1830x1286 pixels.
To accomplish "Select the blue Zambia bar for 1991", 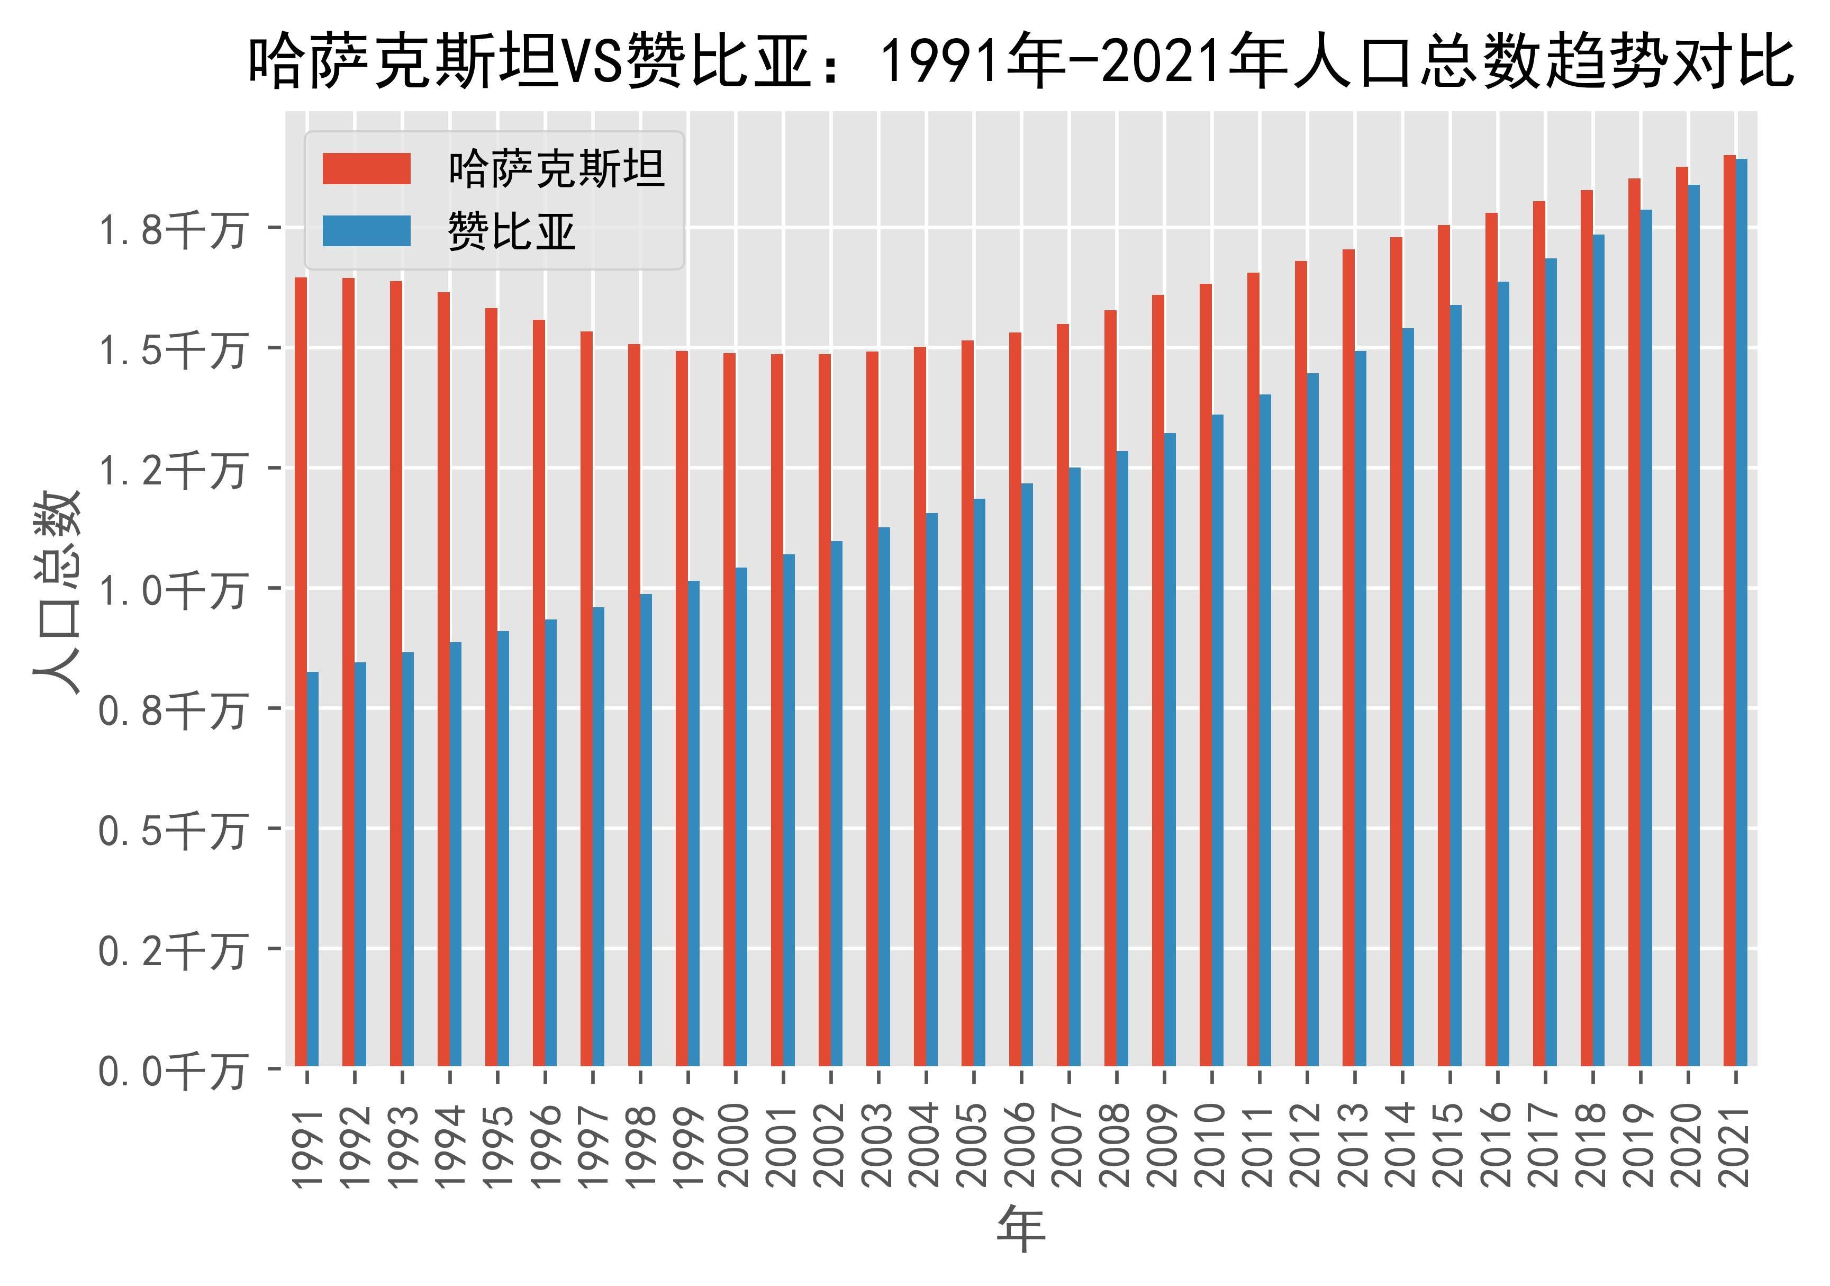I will click(312, 868).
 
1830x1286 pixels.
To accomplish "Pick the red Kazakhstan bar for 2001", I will click(777, 709).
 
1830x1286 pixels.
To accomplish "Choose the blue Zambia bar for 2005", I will click(979, 782).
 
